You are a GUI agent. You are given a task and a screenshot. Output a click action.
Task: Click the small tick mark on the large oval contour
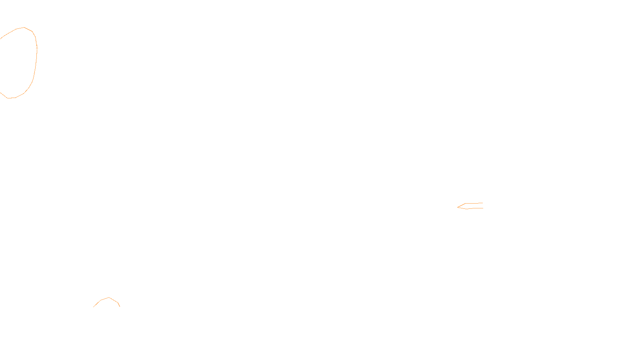click(37, 47)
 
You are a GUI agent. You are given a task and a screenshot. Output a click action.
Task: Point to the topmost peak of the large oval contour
click(24, 28)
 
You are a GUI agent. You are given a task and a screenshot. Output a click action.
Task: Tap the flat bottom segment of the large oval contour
click(11, 98)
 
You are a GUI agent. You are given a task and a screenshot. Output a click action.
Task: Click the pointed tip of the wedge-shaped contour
click(458, 207)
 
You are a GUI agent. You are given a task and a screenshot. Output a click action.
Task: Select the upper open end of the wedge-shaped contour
click(482, 203)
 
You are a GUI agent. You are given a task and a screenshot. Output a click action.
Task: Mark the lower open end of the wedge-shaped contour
click(482, 208)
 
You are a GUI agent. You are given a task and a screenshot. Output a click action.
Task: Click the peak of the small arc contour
click(109, 298)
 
